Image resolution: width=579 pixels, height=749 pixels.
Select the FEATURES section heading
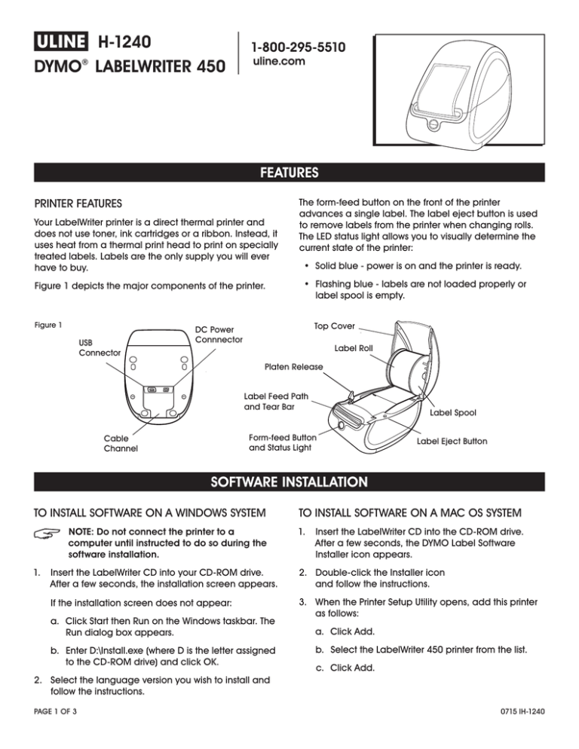[289, 172]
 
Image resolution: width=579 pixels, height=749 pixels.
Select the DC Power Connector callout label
[219, 335]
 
